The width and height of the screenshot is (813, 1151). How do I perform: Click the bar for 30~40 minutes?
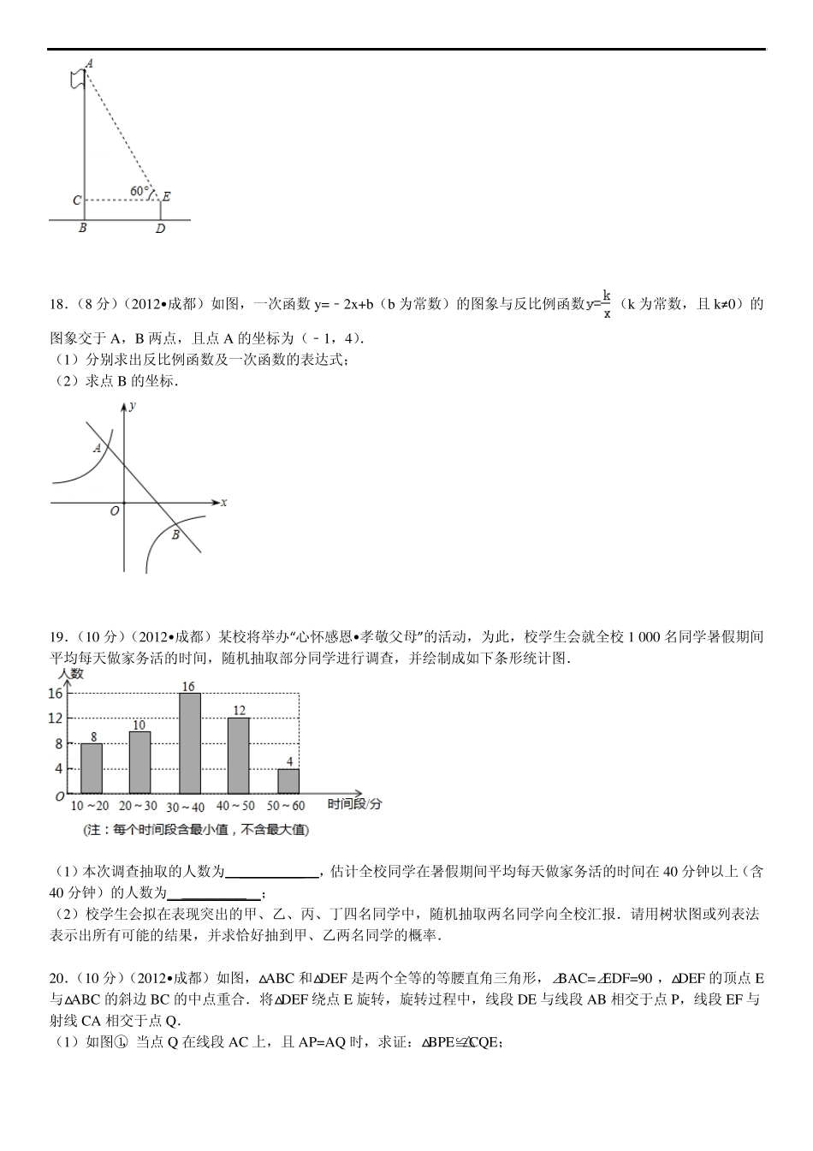point(189,743)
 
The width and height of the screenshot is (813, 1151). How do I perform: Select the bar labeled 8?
point(92,768)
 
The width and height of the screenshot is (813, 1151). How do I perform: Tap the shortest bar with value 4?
point(288,781)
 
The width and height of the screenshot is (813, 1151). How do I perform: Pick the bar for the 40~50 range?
point(239,755)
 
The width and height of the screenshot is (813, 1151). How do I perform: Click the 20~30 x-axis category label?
point(138,806)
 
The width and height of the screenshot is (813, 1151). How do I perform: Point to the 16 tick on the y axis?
point(56,694)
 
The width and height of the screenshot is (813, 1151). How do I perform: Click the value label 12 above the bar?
point(239,710)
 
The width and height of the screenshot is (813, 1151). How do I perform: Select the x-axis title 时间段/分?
point(354,804)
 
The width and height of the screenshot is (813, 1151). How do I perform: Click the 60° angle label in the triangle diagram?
point(139,190)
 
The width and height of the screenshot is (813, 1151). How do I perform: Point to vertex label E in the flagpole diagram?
point(166,197)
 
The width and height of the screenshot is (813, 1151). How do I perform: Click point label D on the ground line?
point(160,230)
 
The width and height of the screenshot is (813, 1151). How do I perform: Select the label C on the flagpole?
point(76,200)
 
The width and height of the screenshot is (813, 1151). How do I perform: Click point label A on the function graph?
point(98,447)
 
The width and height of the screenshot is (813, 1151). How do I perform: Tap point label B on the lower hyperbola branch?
point(175,535)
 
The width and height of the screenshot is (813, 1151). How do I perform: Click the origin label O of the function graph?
point(114,511)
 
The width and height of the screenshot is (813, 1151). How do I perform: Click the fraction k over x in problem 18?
point(606,304)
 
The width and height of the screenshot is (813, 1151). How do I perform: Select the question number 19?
point(58,636)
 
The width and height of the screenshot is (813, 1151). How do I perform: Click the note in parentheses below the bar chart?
point(196,830)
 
